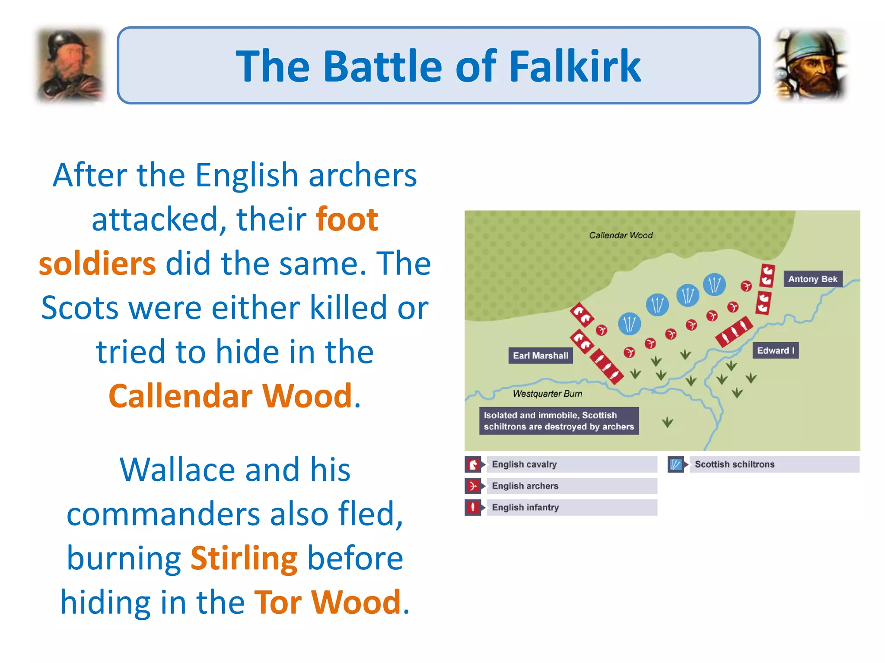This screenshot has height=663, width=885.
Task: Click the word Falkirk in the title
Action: pyautogui.click(x=575, y=66)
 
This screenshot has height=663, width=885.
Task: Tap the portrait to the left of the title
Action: pyautogui.click(x=70, y=66)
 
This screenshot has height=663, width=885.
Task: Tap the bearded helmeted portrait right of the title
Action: pyautogui.click(x=811, y=65)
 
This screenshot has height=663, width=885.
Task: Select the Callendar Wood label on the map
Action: pyautogui.click(x=621, y=235)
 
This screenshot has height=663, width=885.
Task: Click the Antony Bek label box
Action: pyautogui.click(x=812, y=279)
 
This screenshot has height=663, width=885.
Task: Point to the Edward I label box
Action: pyautogui.click(x=775, y=350)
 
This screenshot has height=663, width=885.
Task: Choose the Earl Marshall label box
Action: pyautogui.click(x=541, y=356)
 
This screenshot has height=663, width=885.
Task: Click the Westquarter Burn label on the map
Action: pyautogui.click(x=547, y=394)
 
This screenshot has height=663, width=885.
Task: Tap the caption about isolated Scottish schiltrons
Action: pyautogui.click(x=559, y=421)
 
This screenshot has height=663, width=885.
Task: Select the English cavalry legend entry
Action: pyautogui.click(x=524, y=464)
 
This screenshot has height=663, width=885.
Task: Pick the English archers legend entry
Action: pyautogui.click(x=525, y=486)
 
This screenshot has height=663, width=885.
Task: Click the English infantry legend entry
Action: pyautogui.click(x=525, y=508)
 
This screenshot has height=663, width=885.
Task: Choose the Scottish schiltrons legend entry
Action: pyautogui.click(x=734, y=464)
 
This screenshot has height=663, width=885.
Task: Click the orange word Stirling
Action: pyautogui.click(x=244, y=559)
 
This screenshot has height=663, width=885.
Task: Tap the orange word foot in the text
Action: pyautogui.click(x=347, y=220)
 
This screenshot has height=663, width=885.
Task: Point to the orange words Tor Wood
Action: pyautogui.click(x=328, y=602)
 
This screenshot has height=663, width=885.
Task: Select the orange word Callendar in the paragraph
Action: pyautogui.click(x=181, y=396)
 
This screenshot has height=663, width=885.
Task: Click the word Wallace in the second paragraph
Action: pyautogui.click(x=178, y=470)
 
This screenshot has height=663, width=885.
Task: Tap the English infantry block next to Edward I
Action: pyautogui.click(x=734, y=331)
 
